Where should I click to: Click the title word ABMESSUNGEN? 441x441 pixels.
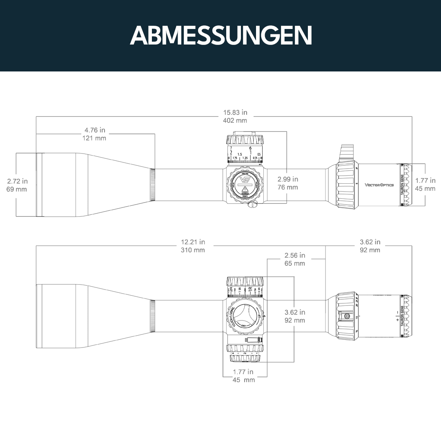pyautogui.click(x=220, y=36)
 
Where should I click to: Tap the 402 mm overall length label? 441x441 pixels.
pyautogui.click(x=235, y=120)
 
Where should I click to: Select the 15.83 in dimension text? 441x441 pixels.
pyautogui.click(x=235, y=112)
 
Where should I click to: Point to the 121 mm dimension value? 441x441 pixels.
pyautogui.click(x=95, y=138)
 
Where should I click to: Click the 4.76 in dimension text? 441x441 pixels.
pyautogui.click(x=95, y=130)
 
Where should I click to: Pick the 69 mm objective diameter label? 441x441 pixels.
pyautogui.click(x=17, y=189)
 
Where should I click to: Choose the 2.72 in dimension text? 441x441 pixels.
pyautogui.click(x=18, y=181)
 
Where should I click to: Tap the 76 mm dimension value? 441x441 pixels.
pyautogui.click(x=287, y=187)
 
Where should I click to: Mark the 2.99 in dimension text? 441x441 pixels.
pyautogui.click(x=287, y=179)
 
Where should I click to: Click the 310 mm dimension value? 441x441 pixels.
pyautogui.click(x=193, y=250)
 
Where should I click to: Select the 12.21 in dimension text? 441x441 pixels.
pyautogui.click(x=193, y=242)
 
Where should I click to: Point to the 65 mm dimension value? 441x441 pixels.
pyautogui.click(x=294, y=263)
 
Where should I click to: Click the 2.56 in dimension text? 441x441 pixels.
pyautogui.click(x=294, y=256)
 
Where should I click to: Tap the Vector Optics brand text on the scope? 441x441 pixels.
pyautogui.click(x=379, y=185)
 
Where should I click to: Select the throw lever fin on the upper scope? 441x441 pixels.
pyautogui.click(x=347, y=152)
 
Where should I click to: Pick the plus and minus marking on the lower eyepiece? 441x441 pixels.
pyautogui.click(x=397, y=317)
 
